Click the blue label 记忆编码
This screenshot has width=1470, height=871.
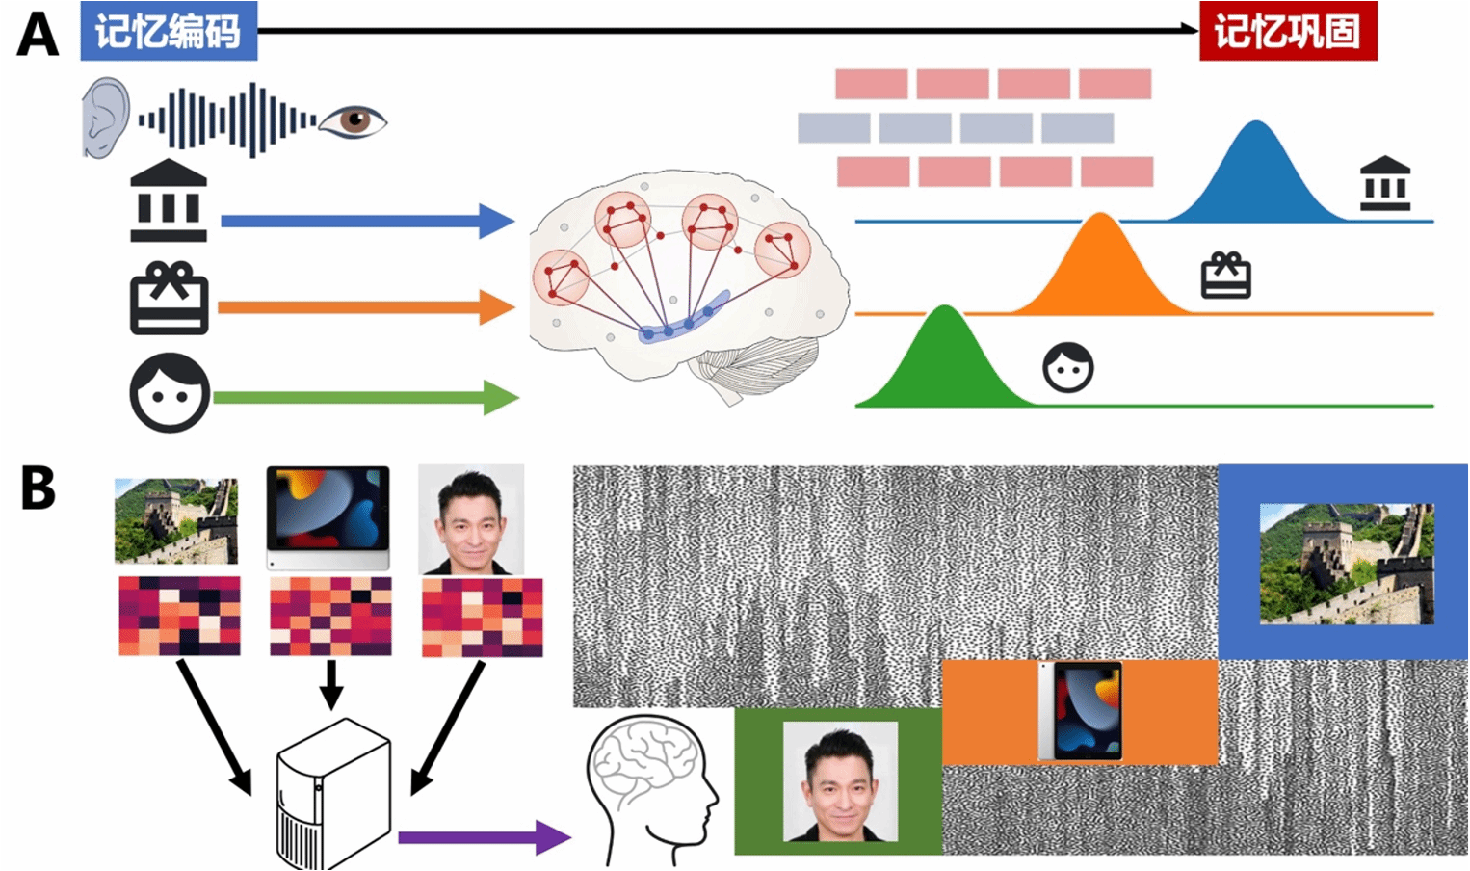(169, 31)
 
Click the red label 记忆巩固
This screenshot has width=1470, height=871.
(1287, 31)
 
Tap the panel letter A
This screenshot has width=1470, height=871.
(38, 34)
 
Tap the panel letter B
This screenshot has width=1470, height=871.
(38, 488)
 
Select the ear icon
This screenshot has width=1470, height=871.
(105, 118)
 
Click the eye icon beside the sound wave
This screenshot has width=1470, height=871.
(353, 120)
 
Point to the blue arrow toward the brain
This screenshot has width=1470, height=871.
(366, 221)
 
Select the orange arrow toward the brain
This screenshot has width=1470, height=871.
(366, 308)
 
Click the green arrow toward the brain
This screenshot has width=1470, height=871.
(366, 397)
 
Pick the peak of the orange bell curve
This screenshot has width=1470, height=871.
(1099, 216)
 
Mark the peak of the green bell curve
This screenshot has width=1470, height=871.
(945, 308)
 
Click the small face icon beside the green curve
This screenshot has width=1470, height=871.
(1068, 368)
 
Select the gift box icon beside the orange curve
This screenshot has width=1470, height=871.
(1225, 276)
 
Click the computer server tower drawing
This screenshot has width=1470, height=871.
(333, 795)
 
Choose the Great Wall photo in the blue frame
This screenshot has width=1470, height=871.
(1346, 564)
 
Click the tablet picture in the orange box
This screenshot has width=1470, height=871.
(1081, 711)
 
